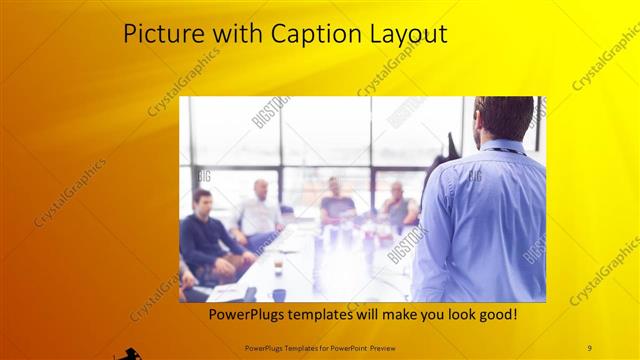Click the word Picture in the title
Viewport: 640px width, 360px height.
click(x=159, y=34)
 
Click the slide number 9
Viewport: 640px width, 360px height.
click(x=590, y=347)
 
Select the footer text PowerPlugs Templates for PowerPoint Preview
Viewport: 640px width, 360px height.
click(x=319, y=347)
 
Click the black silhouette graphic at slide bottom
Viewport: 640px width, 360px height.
click(x=127, y=352)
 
